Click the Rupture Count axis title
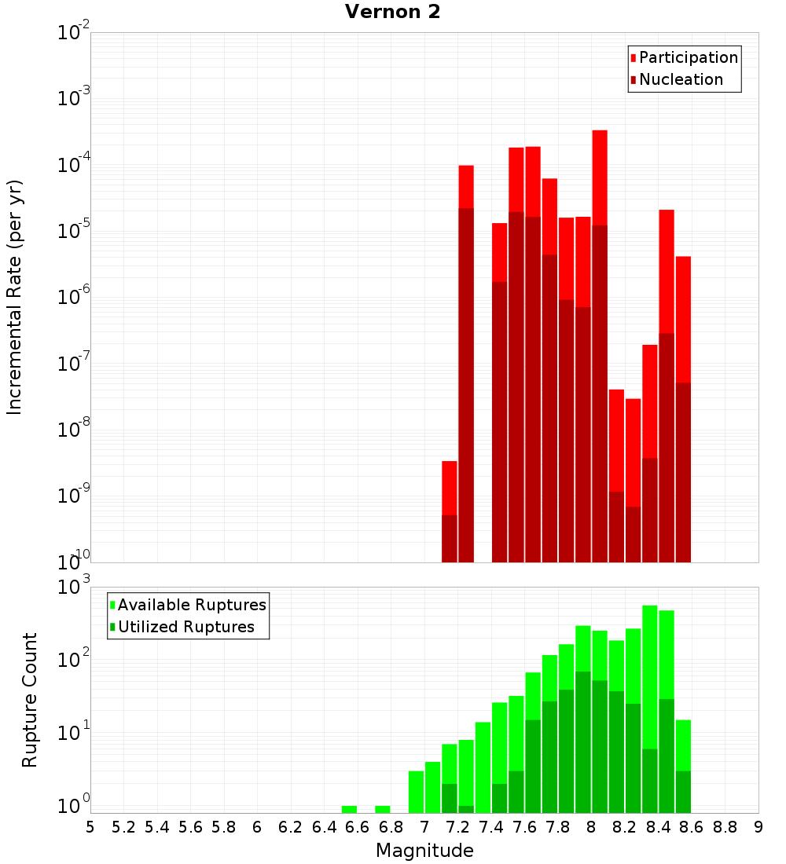coord(30,700)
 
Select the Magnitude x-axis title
coord(424,851)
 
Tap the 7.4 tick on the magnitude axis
coord(491,827)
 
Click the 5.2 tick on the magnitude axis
coord(123,827)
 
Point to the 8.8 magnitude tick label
coord(725,827)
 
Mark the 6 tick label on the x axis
coord(257,827)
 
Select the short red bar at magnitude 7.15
coord(450,487)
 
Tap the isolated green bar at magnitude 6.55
coord(349,809)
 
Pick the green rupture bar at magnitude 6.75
coord(383,809)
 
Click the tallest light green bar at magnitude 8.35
coord(650,675)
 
